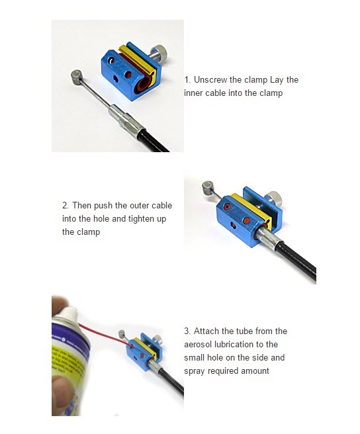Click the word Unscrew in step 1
click(210, 79)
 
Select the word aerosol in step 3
click(198, 344)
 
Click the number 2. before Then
click(66, 205)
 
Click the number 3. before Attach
click(187, 331)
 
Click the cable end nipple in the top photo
click(76, 77)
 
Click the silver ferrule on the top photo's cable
click(126, 120)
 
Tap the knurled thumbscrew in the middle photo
click(273, 198)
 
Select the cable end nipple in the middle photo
click(208, 187)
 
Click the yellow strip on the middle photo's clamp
click(251, 208)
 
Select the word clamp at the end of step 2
click(88, 232)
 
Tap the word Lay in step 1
click(277, 79)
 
